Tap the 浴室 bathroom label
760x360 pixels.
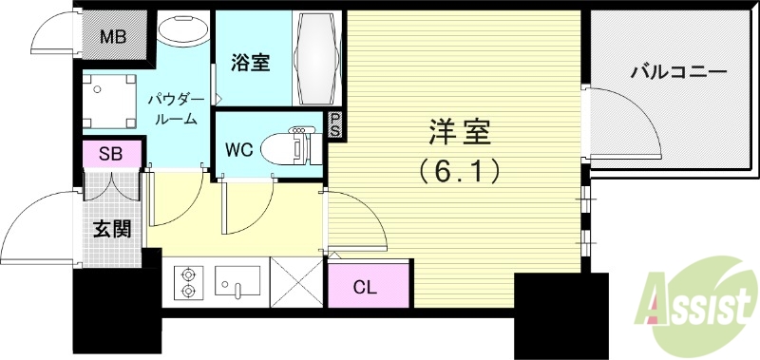tap(251, 64)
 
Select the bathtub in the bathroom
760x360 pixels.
tap(315, 59)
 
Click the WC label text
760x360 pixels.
tap(239, 149)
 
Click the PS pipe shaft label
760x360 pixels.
tap(334, 125)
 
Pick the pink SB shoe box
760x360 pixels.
tap(111, 154)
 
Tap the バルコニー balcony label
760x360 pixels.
tap(678, 72)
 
